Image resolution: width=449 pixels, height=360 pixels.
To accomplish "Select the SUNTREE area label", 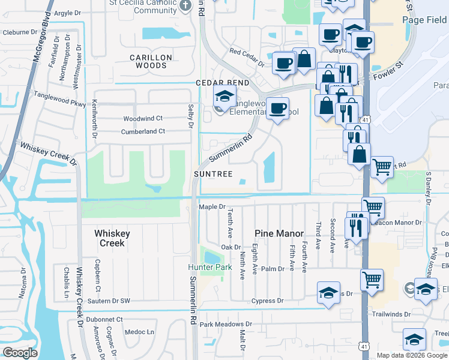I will point(213,173).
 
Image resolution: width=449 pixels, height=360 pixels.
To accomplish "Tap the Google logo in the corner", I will point(20,352).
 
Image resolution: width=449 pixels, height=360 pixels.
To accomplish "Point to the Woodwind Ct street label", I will point(143,119).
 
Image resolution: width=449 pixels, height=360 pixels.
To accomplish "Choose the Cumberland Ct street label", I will point(143,131).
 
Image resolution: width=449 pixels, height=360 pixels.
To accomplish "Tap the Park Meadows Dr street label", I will point(226,325).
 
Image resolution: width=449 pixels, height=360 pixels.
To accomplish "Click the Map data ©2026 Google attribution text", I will point(412,355).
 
